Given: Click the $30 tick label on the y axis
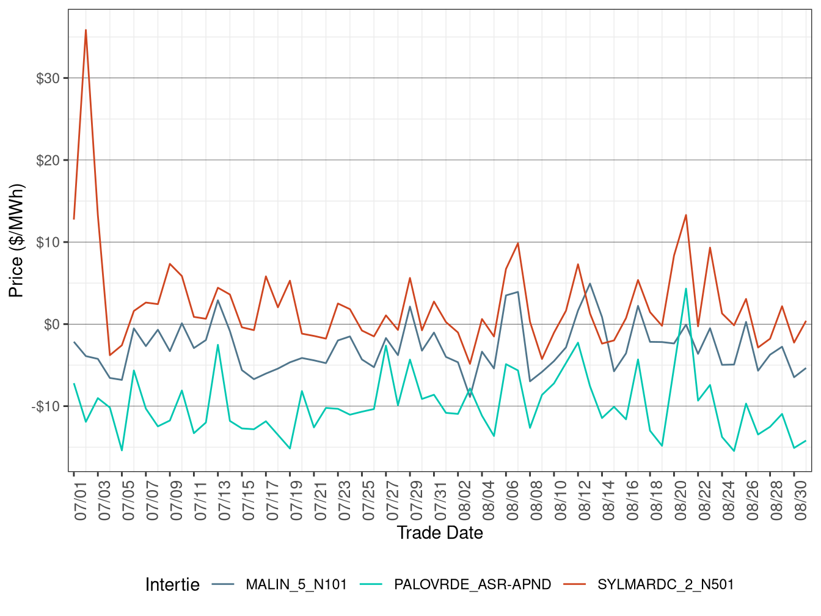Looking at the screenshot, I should (48, 79).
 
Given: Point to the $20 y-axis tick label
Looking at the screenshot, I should (48, 161).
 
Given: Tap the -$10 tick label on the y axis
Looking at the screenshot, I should (46, 406).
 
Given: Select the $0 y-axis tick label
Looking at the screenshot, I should (52, 324).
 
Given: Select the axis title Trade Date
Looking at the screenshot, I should (440, 533).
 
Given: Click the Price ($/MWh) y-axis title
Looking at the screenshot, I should (16, 240).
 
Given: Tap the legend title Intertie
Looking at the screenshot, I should (172, 585).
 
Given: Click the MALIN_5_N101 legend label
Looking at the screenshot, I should (296, 585).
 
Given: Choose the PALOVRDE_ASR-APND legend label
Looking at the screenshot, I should (472, 585).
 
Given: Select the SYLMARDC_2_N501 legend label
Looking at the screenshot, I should (665, 585).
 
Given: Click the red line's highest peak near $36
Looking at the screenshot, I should (86, 30).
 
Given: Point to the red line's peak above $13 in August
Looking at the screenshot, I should (686, 215).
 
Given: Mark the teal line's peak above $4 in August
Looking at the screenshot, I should (686, 288).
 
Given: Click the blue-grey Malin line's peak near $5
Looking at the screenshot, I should (589, 284).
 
